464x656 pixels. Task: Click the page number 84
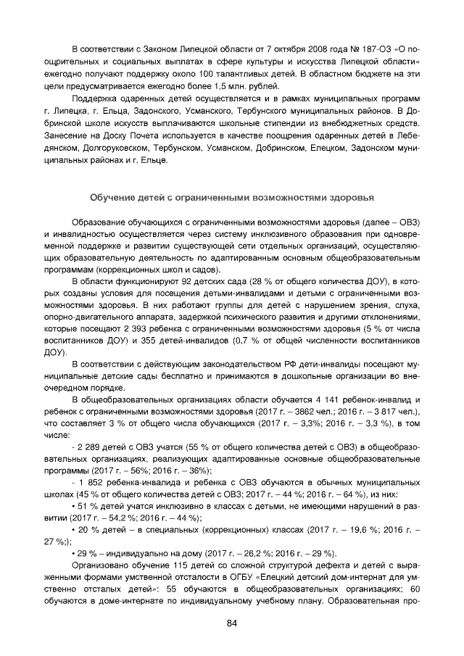[232, 623]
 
